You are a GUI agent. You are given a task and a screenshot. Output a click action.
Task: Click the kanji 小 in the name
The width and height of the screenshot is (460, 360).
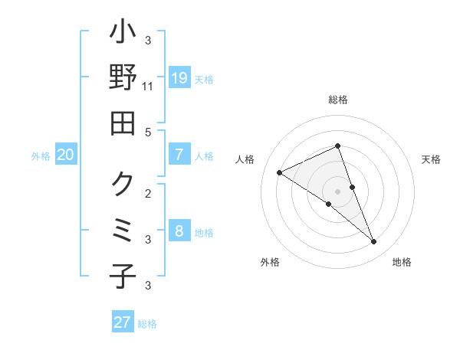tap(123, 34)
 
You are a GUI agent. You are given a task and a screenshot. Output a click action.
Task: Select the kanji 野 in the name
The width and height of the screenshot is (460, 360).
tap(123, 78)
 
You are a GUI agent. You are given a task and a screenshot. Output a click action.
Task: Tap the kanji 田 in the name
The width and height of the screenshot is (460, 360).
tap(123, 123)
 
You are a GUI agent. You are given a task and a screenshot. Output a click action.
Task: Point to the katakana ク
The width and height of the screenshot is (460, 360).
tap(123, 184)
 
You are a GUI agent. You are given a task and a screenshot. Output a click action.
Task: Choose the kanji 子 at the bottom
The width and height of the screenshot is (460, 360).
tap(123, 276)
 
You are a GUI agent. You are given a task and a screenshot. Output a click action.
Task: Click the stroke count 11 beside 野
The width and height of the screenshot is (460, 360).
tap(148, 87)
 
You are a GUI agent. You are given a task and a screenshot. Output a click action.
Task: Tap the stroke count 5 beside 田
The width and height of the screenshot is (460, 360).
tap(148, 132)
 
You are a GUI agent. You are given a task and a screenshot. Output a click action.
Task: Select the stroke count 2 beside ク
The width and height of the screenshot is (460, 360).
tap(148, 193)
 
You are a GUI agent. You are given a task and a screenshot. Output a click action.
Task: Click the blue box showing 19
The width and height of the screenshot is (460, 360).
tap(179, 78)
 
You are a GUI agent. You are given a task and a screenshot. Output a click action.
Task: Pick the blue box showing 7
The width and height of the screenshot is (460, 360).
tap(179, 155)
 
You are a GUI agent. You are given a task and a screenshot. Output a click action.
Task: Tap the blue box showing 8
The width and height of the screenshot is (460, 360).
tap(179, 231)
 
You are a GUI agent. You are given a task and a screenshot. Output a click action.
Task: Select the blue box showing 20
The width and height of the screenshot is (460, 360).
tap(65, 155)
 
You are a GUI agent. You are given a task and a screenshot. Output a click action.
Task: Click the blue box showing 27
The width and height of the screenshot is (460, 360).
tap(122, 322)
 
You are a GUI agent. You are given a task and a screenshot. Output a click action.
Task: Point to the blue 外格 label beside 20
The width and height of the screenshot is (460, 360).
tap(41, 156)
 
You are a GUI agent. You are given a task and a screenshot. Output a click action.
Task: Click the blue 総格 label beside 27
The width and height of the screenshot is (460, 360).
tap(147, 324)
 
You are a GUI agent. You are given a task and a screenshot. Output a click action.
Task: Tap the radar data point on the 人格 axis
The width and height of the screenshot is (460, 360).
tap(280, 172)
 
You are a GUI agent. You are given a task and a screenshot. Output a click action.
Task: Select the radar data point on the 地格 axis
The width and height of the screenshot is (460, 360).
tap(374, 242)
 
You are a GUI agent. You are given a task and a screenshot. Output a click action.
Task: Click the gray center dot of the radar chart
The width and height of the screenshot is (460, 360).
tap(337, 191)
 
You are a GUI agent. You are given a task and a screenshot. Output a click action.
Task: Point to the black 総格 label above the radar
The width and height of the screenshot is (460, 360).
tap(337, 100)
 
